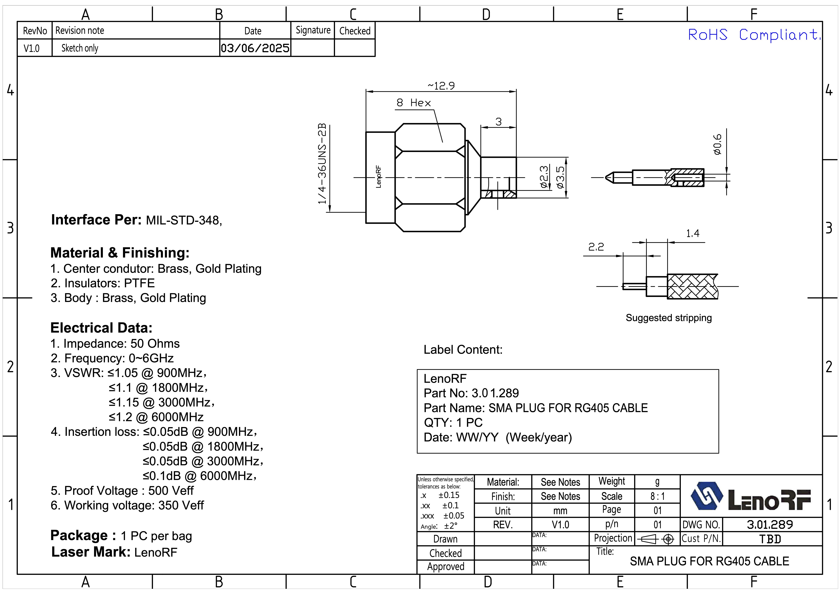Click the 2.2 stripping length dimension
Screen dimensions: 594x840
pos(596,247)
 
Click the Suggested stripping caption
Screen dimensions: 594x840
pos(668,318)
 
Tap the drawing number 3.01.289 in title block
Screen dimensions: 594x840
pos(770,525)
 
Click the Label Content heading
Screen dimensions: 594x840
pos(463,350)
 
